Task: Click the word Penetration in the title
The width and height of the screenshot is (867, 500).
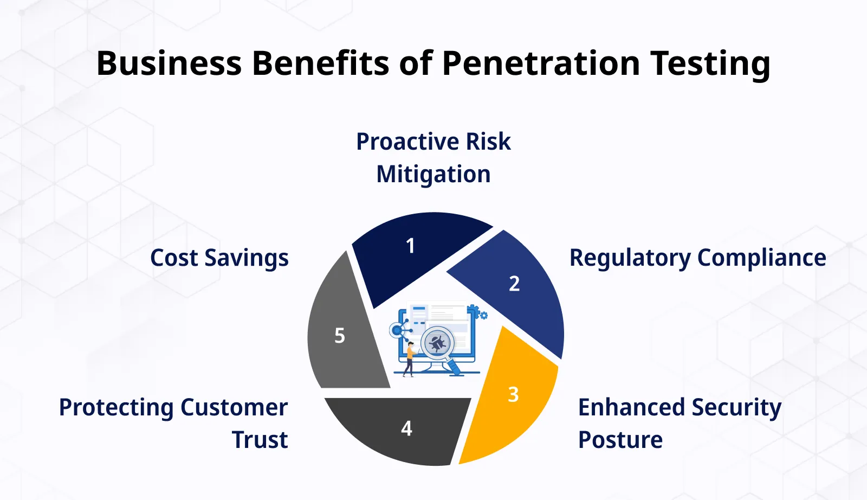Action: point(541,63)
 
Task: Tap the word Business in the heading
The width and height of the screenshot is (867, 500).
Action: point(169,63)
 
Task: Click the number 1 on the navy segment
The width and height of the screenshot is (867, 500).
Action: point(410,246)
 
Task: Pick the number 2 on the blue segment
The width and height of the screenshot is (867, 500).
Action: point(514,284)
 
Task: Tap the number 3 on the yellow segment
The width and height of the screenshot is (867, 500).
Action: point(513,395)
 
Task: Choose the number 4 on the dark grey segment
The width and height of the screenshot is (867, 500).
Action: point(406,429)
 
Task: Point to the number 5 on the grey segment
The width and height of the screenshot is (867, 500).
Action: point(340,336)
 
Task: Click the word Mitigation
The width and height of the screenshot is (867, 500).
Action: point(433,175)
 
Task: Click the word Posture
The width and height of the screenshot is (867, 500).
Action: point(620,440)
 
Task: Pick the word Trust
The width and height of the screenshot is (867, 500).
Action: point(260,440)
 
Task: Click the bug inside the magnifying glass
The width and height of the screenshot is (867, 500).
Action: point(437,343)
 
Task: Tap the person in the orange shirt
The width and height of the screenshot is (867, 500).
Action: point(410,358)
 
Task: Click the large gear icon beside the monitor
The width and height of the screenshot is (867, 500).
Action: point(473,311)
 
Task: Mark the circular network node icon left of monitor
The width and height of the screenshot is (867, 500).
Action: point(397,330)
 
